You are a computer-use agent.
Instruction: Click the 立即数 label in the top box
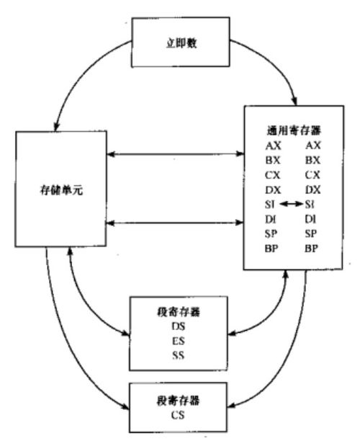click(x=181, y=43)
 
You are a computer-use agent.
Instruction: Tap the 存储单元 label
click(x=61, y=190)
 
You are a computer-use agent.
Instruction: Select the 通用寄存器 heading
click(x=294, y=130)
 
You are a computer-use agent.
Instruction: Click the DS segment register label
click(x=179, y=326)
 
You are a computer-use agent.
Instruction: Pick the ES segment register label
click(x=179, y=341)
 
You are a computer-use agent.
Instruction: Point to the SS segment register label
click(x=178, y=355)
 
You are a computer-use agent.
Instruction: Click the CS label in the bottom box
click(x=178, y=415)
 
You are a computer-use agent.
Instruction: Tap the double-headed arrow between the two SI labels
click(x=291, y=204)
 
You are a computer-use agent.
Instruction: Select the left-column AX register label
click(x=273, y=146)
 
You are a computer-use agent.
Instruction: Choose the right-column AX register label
click(x=313, y=146)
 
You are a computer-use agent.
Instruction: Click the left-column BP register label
click(x=271, y=249)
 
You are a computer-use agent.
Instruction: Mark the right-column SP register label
click(x=311, y=233)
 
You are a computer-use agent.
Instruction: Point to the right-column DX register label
click(x=312, y=190)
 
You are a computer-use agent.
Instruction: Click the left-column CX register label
click(x=273, y=175)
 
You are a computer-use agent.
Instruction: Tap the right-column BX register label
click(x=312, y=160)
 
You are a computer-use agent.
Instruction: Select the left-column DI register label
click(x=270, y=219)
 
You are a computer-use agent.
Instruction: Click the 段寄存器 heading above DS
click(x=179, y=312)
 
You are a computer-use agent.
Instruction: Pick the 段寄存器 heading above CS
click(x=178, y=401)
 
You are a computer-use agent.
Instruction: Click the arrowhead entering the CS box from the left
click(x=125, y=406)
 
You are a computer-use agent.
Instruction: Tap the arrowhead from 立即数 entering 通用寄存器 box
click(x=294, y=101)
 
